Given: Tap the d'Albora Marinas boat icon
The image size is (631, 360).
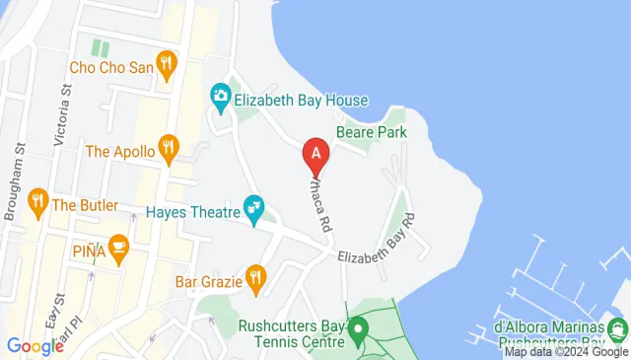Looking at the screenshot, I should pos(619,327).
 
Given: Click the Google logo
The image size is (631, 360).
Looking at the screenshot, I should pos(35,345).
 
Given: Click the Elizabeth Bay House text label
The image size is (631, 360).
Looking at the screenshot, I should pos(301,100).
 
